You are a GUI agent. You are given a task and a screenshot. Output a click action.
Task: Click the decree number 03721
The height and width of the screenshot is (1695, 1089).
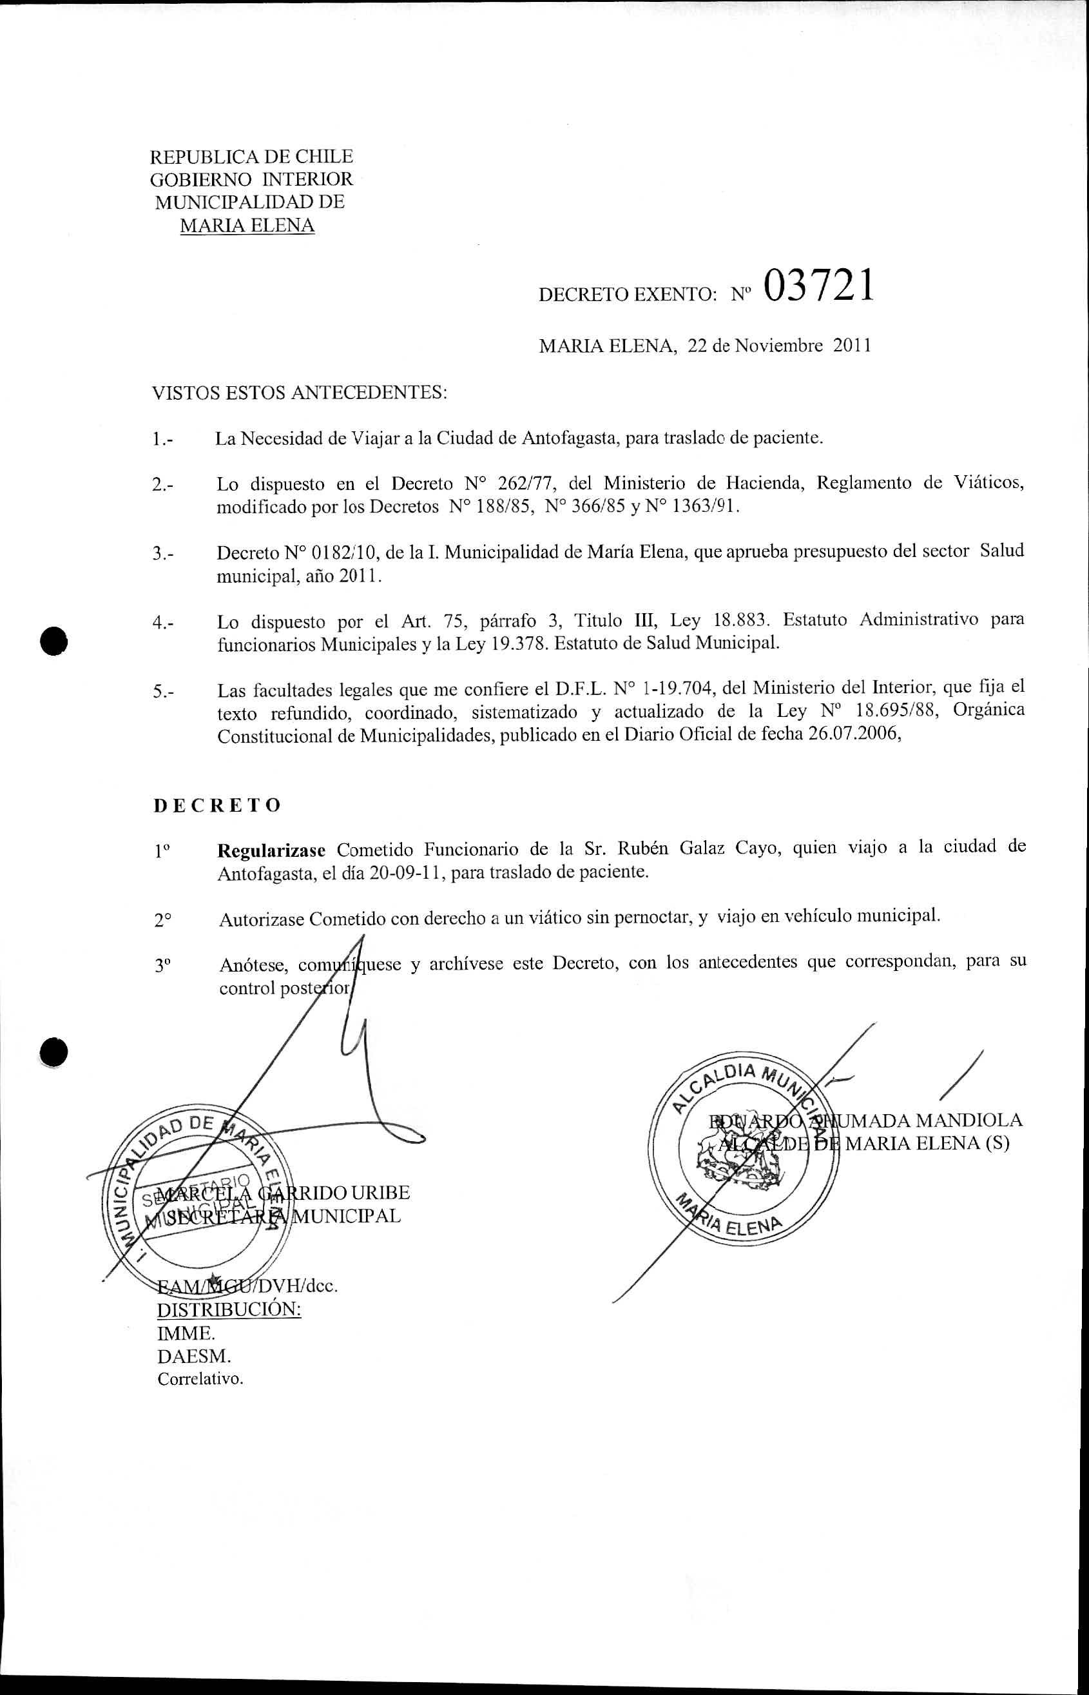(x=818, y=286)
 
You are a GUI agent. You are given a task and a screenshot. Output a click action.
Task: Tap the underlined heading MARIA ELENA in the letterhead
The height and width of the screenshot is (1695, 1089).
(x=247, y=226)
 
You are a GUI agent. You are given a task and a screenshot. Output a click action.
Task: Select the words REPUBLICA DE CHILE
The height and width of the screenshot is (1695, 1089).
(x=252, y=156)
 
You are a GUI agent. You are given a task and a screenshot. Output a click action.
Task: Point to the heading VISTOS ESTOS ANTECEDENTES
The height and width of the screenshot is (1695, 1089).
(x=300, y=393)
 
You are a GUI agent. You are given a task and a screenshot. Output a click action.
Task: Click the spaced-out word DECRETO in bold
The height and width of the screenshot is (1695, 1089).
(x=217, y=805)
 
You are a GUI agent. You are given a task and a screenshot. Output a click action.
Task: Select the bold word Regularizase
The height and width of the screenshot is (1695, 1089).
(x=271, y=849)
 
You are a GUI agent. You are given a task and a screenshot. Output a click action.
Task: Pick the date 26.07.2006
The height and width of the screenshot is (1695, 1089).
(x=853, y=734)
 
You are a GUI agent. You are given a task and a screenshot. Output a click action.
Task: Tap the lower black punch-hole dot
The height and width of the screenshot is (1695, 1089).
(x=53, y=1053)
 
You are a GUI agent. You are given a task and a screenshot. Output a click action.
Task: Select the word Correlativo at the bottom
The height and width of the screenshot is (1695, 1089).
(x=200, y=1379)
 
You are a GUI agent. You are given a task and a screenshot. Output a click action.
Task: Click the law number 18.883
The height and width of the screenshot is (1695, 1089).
(x=739, y=621)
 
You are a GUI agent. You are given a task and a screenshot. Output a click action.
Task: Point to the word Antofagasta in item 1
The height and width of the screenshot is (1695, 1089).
(x=568, y=438)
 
